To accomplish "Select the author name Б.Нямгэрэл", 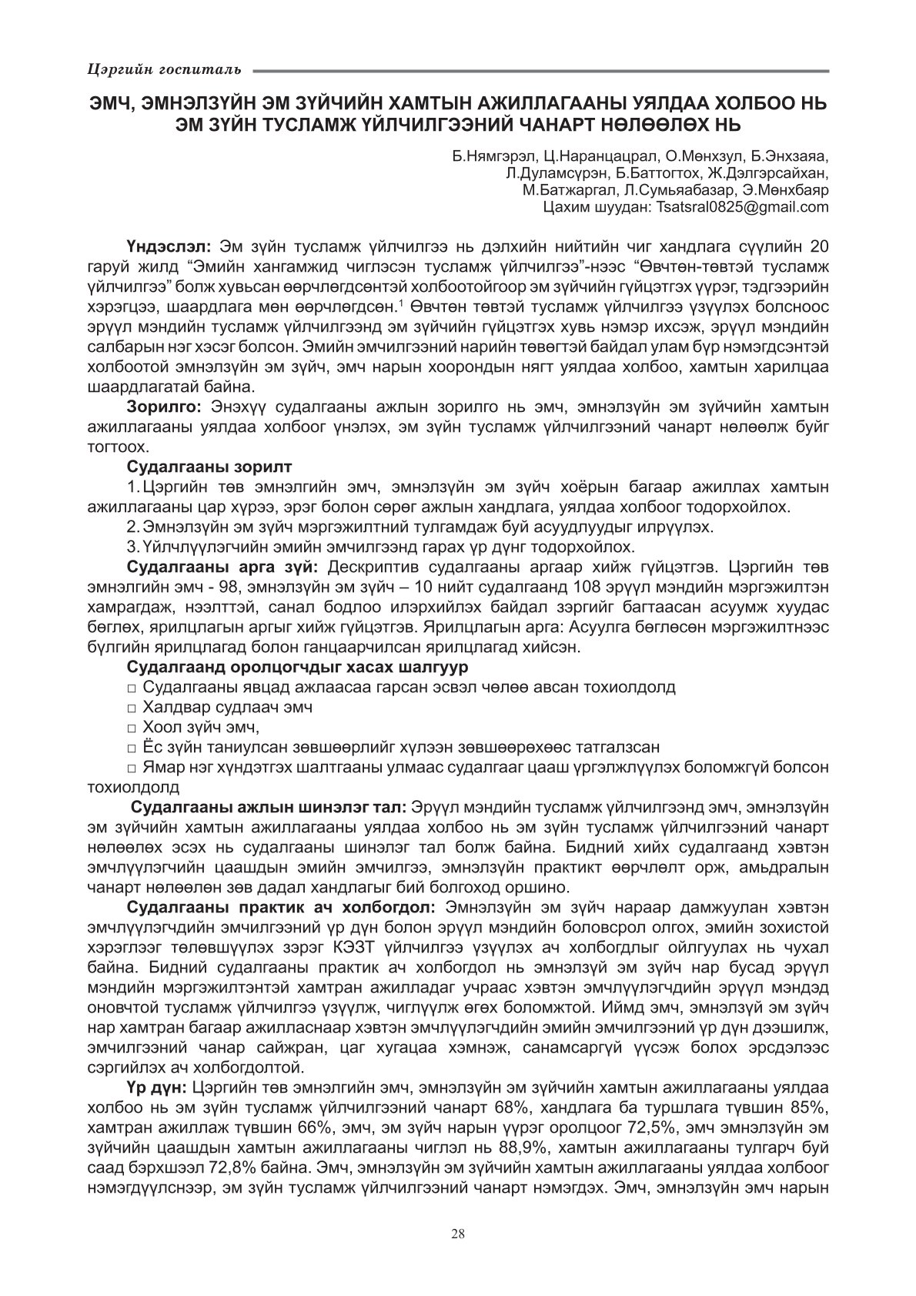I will pyautogui.click(x=489, y=156).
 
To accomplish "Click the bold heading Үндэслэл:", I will pyautogui.click(x=170, y=247).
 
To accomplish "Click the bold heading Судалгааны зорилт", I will pyautogui.click(x=209, y=467).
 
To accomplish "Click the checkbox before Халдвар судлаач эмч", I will pyautogui.click(x=132, y=707).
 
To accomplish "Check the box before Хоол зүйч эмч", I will pyautogui.click(x=132, y=728).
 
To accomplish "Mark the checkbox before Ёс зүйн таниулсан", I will pyautogui.click(x=132, y=748).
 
